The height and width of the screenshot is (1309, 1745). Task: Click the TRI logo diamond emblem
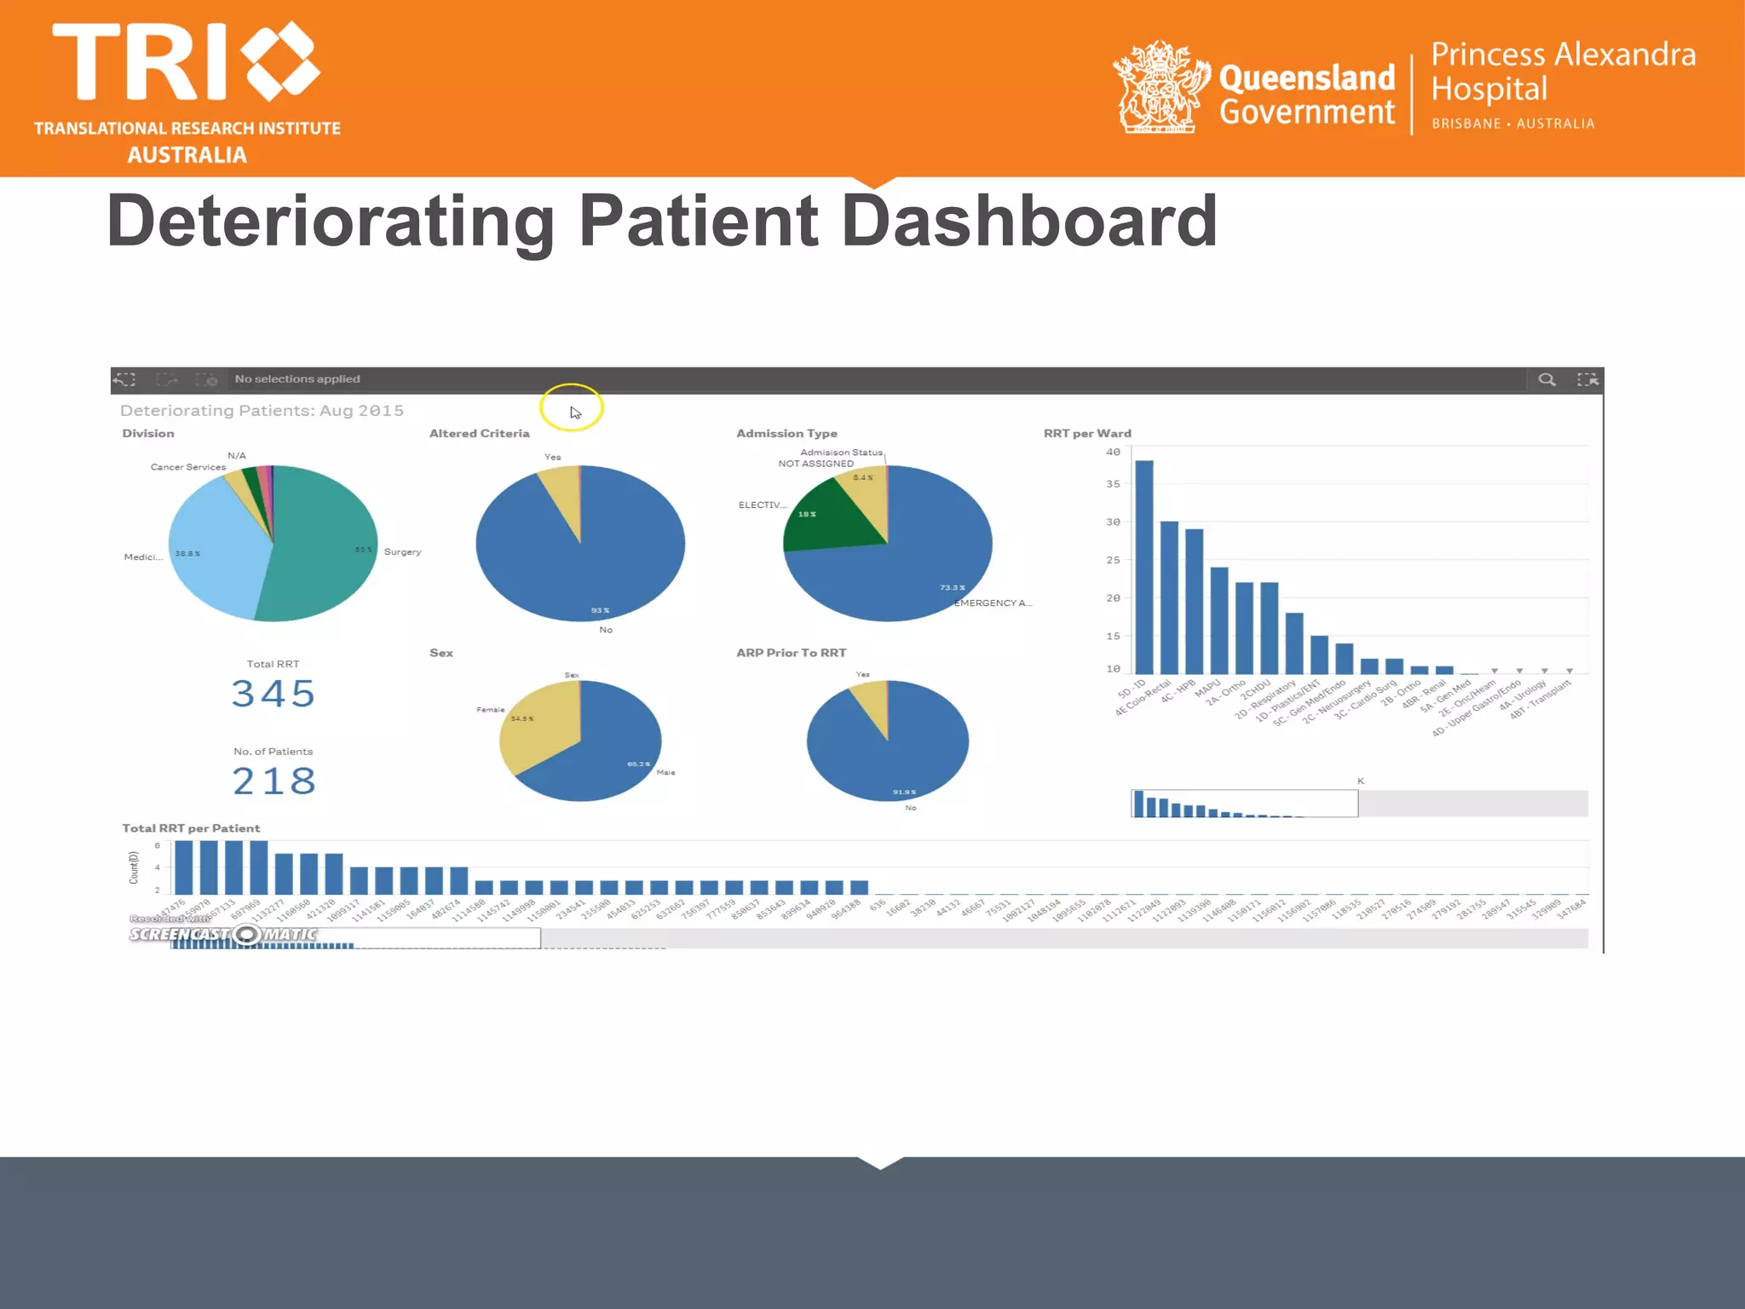[280, 61]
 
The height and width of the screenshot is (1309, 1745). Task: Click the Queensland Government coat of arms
[1160, 88]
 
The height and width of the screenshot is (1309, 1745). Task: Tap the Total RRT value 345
[274, 694]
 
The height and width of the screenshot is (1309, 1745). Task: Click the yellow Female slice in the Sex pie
[537, 724]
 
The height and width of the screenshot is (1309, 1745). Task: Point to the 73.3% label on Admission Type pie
[952, 588]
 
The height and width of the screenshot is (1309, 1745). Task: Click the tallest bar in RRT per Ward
[1143, 567]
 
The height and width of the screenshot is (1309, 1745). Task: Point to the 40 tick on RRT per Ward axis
[1113, 452]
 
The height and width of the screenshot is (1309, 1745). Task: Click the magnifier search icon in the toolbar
[1546, 380]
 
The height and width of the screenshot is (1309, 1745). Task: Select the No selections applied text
[297, 379]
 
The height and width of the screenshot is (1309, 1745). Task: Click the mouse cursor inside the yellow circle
[575, 412]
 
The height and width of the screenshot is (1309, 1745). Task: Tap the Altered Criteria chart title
[479, 434]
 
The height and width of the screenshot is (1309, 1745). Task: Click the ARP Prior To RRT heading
[791, 653]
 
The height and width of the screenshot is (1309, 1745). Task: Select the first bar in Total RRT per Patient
[183, 867]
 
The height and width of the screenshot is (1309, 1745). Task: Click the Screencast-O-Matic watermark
[223, 934]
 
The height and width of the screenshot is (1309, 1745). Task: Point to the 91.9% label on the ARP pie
[904, 793]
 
